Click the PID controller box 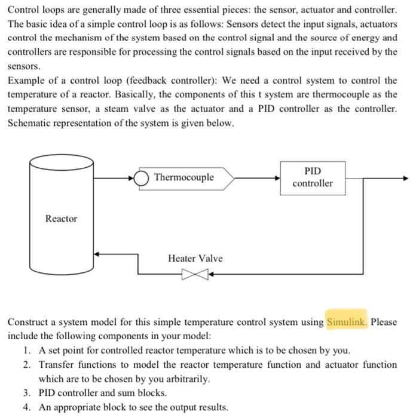(x=313, y=177)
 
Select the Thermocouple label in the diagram (x=183, y=177)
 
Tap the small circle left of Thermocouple (x=141, y=177)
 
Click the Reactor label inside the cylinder (x=62, y=219)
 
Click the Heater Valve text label (x=195, y=258)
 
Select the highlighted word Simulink (x=347, y=322)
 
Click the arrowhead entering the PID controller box (x=277, y=178)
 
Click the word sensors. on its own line (x=24, y=66)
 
